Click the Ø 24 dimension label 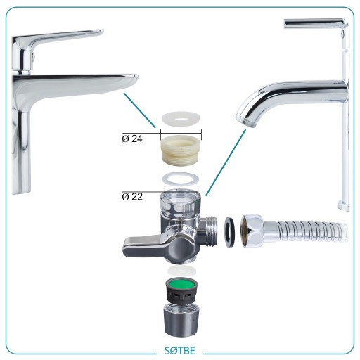(x=132, y=139)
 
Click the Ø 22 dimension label (x=132, y=197)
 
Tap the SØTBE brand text (x=180, y=351)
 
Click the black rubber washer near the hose (x=230, y=232)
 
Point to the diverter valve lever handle (x=146, y=245)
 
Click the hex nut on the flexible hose (x=252, y=231)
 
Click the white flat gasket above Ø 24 (x=181, y=118)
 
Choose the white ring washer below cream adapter (x=181, y=179)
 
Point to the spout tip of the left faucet (x=134, y=79)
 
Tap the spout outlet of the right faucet (x=245, y=122)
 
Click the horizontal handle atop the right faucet (x=315, y=23)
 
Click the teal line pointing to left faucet (x=140, y=110)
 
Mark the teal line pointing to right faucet (x=226, y=162)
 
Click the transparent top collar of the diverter (x=181, y=202)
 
